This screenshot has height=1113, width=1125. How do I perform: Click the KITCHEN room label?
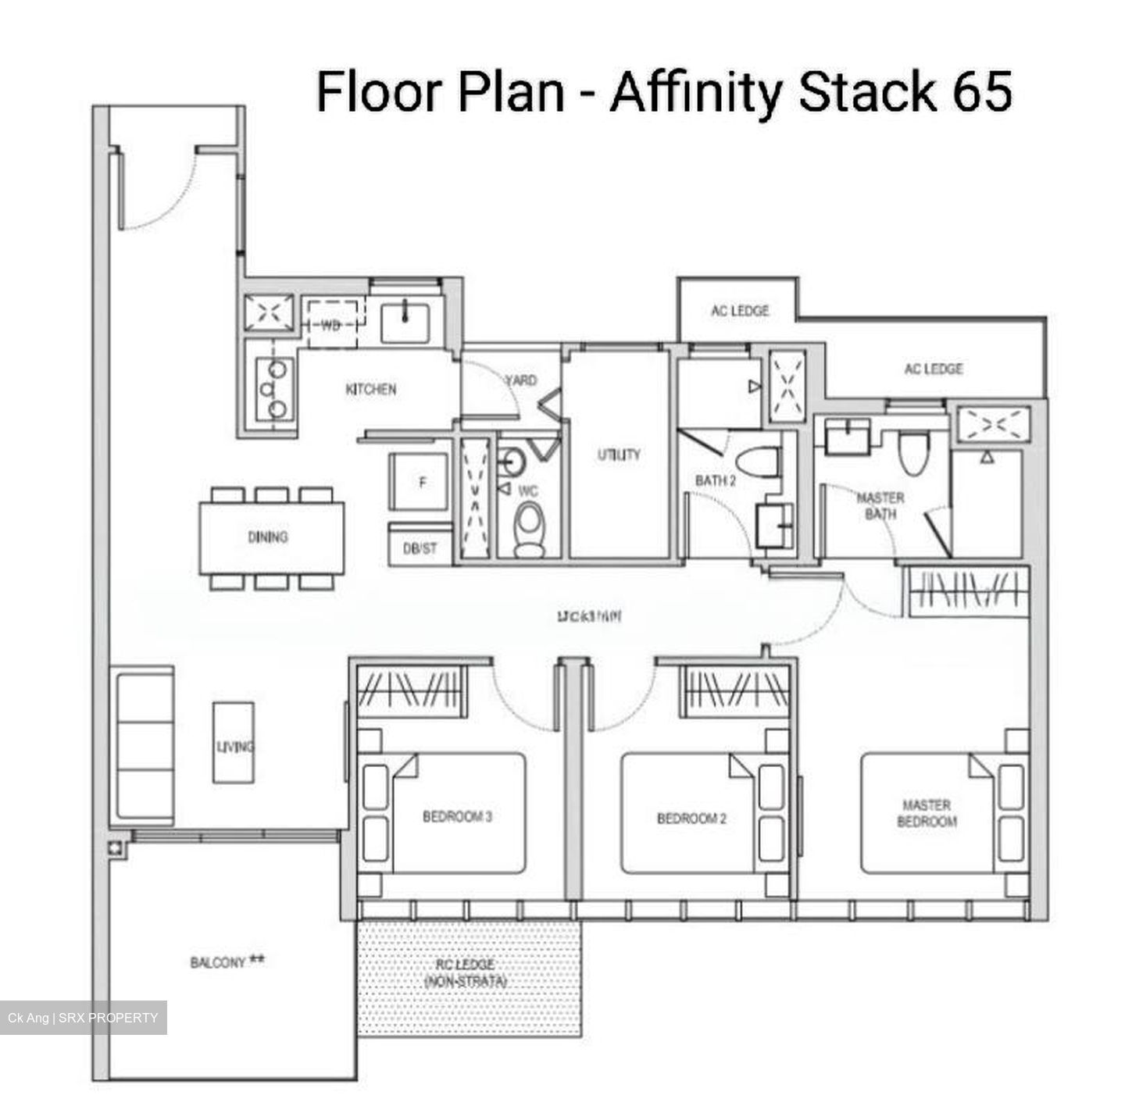(370, 389)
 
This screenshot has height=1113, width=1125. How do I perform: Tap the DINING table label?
(267, 537)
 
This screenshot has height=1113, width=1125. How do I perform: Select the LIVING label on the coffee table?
(234, 747)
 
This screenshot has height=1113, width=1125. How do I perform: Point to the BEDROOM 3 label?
(457, 817)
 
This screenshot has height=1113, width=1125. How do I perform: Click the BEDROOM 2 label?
(691, 819)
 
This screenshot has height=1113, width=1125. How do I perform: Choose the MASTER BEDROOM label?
(927, 813)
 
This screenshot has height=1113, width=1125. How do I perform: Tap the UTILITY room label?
(619, 455)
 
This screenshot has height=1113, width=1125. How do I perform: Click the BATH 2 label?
(716, 480)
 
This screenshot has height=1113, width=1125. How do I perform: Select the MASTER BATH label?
(880, 505)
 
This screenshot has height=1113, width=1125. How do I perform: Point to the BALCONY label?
(219, 962)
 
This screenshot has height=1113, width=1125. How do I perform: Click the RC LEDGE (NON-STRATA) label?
(465, 973)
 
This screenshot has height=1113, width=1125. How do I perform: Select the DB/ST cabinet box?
(420, 548)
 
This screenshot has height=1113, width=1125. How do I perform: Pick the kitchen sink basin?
(405, 323)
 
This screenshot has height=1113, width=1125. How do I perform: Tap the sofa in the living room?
(144, 747)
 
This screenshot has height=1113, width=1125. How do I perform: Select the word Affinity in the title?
(695, 91)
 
